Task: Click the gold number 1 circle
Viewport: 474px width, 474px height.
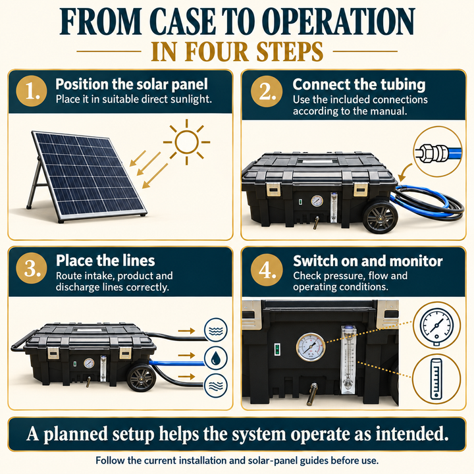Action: [x=32, y=91]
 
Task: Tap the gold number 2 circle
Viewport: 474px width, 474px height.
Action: [x=267, y=91]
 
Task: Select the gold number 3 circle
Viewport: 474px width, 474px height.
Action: [x=32, y=268]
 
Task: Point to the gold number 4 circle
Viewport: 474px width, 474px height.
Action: [x=267, y=270]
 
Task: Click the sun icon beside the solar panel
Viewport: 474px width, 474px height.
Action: [x=186, y=142]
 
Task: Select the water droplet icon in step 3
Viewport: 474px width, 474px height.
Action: [x=215, y=358]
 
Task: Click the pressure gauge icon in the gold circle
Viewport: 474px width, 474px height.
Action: [x=436, y=327]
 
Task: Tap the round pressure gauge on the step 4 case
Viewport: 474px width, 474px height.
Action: [x=311, y=348]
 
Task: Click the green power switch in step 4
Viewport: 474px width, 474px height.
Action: [x=277, y=349]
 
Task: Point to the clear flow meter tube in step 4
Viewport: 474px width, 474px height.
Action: [x=348, y=359]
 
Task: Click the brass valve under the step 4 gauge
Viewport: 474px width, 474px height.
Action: [x=311, y=394]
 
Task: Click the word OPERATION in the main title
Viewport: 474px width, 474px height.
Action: [x=338, y=22]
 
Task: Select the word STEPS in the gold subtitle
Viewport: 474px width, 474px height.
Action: [x=290, y=51]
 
